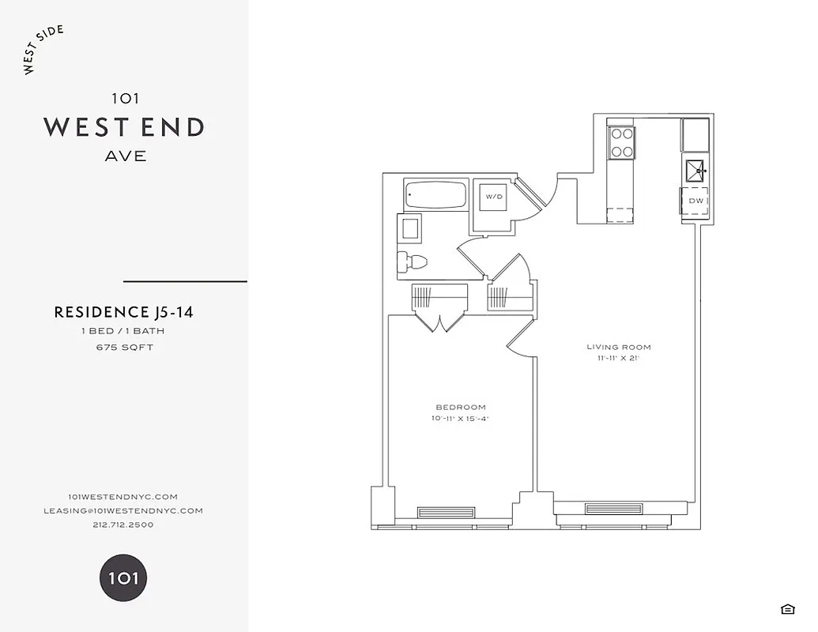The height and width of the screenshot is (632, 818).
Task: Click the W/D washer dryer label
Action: [x=494, y=196]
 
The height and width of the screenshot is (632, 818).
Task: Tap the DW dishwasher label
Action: [x=695, y=201]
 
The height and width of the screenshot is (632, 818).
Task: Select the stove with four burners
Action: [x=621, y=142]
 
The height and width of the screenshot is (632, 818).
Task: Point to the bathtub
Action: [x=435, y=194]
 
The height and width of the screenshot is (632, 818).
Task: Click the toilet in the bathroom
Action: [x=412, y=261]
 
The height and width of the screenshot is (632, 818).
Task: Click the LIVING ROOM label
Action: [x=619, y=347]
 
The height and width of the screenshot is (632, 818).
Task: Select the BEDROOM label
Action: [x=461, y=408]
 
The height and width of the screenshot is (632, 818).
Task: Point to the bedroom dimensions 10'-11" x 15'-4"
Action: [x=461, y=419]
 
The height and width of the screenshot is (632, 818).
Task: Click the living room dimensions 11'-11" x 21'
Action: [x=619, y=358]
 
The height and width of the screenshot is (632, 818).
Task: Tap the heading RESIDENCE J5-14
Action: [x=123, y=312]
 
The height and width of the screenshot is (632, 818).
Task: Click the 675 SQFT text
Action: [x=125, y=347]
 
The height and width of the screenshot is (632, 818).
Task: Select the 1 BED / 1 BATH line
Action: [x=123, y=331]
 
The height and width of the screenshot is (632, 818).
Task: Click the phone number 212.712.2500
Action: [x=123, y=525]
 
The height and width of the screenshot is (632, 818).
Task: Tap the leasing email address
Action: [x=123, y=510]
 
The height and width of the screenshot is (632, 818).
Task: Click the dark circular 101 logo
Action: [x=123, y=577]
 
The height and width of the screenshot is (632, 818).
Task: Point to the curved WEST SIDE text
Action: [x=43, y=50]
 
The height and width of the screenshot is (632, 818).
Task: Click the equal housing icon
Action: [x=787, y=608]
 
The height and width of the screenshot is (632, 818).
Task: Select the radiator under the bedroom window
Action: [x=447, y=512]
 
